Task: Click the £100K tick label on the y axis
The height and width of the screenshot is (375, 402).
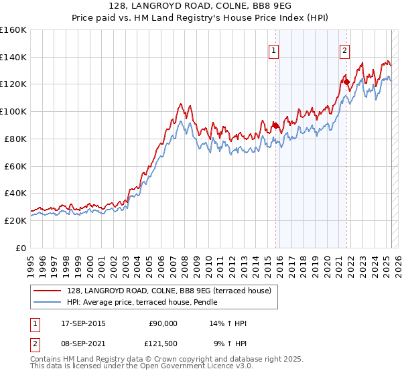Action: coord(13,111)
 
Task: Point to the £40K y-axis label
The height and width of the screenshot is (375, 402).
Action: coord(15,193)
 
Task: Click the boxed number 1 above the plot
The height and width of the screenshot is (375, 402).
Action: coord(275,51)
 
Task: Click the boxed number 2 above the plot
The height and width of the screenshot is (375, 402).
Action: coord(345,51)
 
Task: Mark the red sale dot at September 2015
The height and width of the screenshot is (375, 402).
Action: coord(275,125)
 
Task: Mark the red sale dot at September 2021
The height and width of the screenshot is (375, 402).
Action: coord(346,82)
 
